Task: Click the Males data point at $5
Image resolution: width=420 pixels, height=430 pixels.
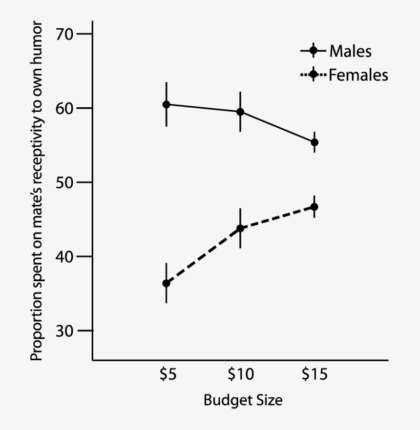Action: coord(166,104)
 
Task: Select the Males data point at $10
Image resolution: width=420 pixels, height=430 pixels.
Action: coord(240,112)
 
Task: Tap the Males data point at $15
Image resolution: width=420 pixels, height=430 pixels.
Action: coord(314,142)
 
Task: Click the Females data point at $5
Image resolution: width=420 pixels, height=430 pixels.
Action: coord(166,283)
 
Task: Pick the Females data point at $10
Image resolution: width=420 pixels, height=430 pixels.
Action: coord(240,228)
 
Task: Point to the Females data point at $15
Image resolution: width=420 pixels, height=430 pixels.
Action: coord(314,207)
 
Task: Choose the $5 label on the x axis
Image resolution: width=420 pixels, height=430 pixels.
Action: coord(167,375)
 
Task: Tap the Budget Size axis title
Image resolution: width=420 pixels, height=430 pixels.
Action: coord(243,400)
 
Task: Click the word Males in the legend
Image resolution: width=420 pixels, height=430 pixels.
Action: coord(350,51)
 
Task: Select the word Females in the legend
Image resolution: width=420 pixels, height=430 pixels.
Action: coord(359,75)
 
